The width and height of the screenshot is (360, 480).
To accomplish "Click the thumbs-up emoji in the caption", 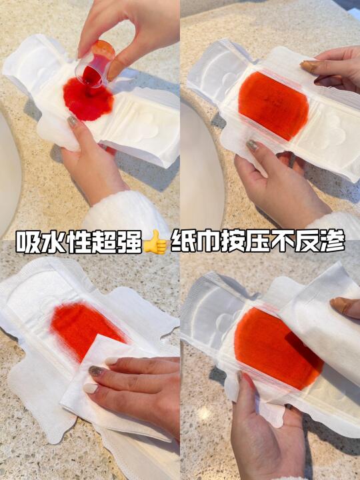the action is [155, 242].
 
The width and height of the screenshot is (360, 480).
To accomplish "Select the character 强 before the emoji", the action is [131, 242].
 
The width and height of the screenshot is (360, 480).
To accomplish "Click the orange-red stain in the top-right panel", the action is [273, 105].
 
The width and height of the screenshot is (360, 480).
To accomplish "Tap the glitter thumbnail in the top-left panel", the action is [73, 122].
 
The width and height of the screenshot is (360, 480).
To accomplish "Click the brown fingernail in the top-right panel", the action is [309, 66].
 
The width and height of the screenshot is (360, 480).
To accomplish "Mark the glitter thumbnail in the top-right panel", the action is [252, 145].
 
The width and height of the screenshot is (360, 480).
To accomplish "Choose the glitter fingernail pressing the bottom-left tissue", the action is [97, 371].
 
